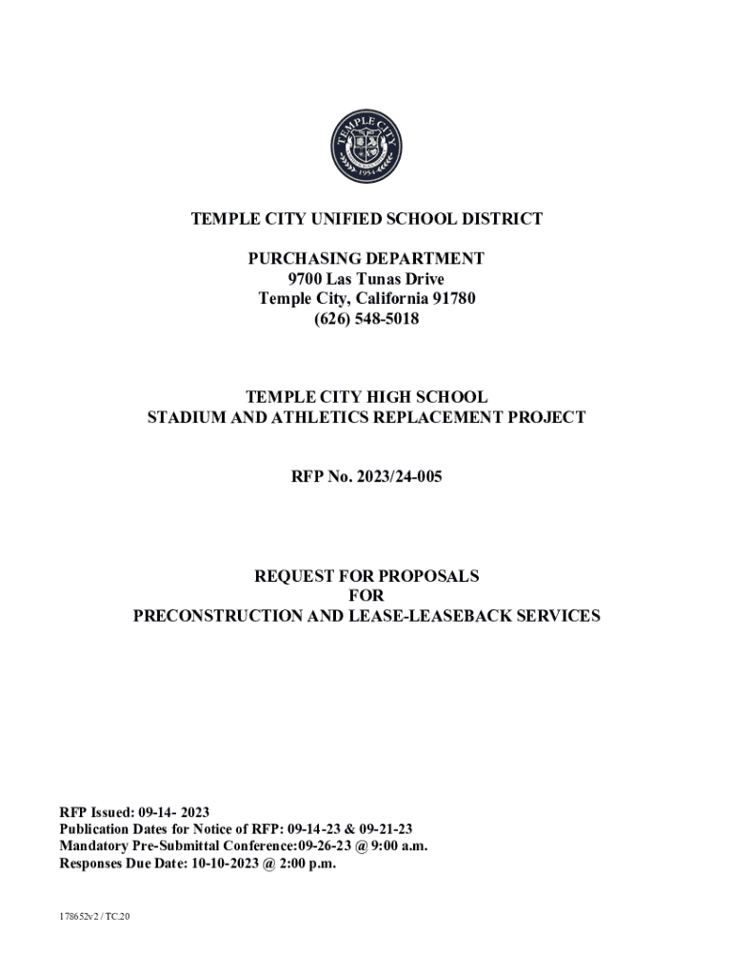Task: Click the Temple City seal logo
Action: pos(366,147)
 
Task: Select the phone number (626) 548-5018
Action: pos(366,319)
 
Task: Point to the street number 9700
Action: pos(305,279)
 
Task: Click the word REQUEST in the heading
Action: pos(292,576)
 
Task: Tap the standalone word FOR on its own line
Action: pos(366,596)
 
